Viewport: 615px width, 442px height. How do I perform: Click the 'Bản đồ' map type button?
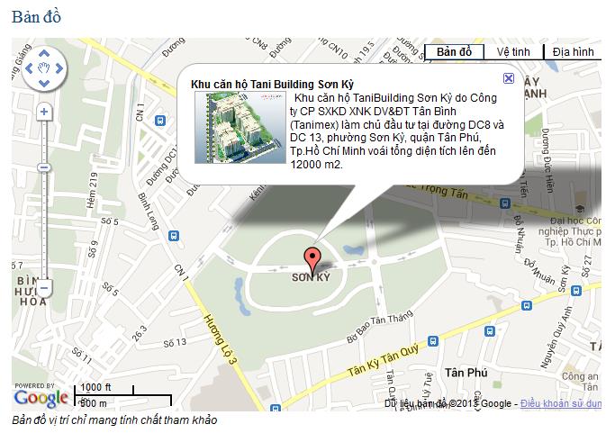454,51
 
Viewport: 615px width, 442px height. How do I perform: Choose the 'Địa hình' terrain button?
573,51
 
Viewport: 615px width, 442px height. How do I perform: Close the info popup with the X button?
509,78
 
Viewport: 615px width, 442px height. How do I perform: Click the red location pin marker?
312,259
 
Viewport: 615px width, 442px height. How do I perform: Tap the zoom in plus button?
43,113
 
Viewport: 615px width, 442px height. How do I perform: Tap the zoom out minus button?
43,288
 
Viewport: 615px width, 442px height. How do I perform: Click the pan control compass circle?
43,68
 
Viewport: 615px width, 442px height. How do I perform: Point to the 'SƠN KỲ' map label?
312,278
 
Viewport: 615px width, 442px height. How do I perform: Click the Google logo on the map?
41,397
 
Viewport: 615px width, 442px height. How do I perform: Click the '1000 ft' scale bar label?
96,388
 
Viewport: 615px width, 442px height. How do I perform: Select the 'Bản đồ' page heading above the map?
37,17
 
